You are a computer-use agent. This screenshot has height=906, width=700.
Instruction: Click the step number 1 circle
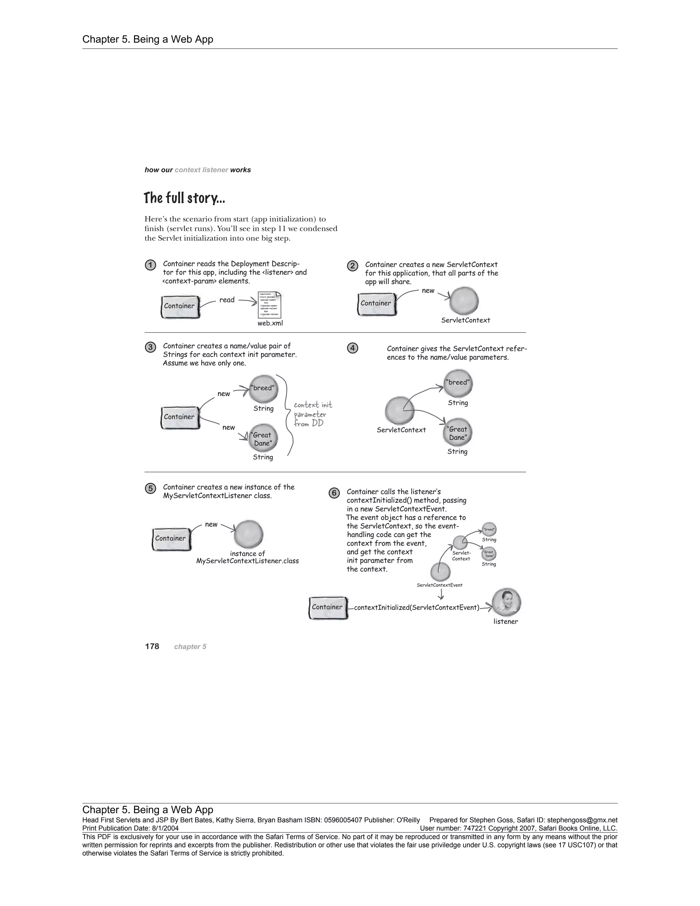150,265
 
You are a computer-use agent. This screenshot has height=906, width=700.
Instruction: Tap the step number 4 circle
352,348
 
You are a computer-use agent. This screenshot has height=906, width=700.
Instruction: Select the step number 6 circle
334,493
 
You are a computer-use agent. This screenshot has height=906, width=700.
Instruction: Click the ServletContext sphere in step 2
464,301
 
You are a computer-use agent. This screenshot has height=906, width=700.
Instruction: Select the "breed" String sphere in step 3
263,389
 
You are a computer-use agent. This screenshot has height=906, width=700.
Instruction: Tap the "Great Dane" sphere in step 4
458,433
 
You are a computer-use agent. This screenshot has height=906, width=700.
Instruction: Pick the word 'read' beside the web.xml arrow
227,300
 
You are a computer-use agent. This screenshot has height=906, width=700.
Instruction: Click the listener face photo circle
506,602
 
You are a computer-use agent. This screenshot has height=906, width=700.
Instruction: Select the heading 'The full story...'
184,198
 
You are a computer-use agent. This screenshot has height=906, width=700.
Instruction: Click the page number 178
152,646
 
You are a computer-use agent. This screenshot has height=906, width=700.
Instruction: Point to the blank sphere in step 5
248,534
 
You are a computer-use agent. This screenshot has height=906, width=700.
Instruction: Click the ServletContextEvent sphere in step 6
440,572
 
